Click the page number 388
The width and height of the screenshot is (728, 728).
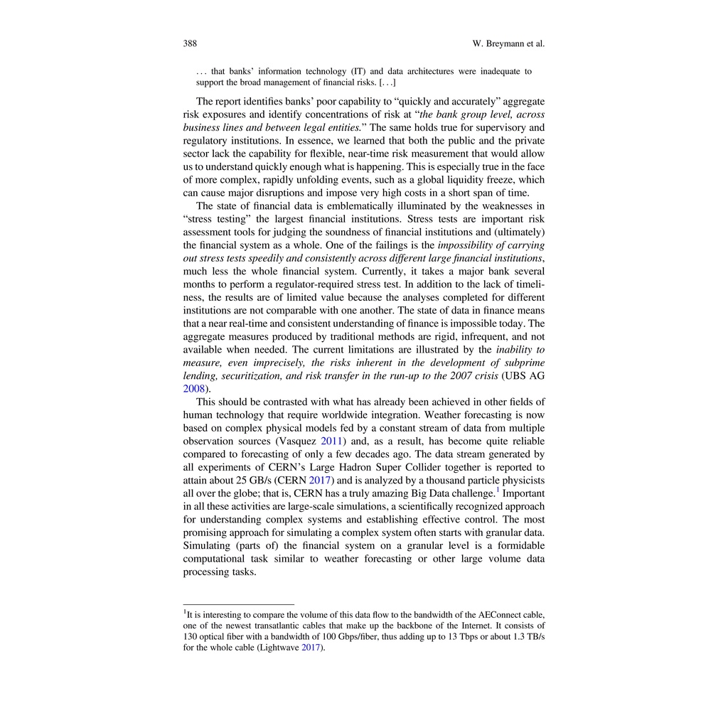(x=190, y=44)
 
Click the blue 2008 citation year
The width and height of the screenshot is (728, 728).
(x=194, y=389)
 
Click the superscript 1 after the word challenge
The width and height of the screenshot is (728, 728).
(x=498, y=490)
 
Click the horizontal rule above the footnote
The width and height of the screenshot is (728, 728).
(x=238, y=604)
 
